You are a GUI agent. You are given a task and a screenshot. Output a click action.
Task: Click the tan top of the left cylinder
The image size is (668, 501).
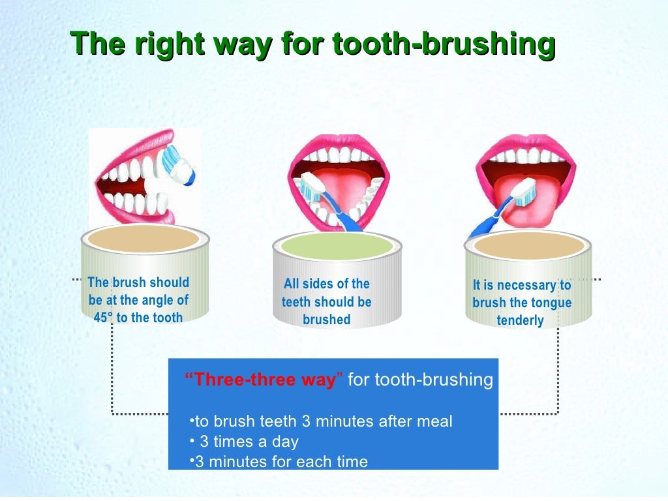click(144, 239)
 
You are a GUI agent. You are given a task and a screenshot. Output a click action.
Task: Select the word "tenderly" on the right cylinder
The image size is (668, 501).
click(520, 320)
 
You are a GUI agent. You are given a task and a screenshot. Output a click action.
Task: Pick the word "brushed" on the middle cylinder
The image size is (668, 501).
click(327, 320)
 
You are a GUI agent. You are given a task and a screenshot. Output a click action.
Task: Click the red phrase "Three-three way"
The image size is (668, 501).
click(264, 380)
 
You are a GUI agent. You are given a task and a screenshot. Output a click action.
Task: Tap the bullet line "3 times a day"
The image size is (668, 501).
click(249, 442)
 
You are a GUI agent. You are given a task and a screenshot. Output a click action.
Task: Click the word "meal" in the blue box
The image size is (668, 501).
click(434, 421)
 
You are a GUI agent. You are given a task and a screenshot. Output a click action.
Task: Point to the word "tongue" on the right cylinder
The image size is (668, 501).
click(549, 303)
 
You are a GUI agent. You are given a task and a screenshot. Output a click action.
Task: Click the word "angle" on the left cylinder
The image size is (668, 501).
click(155, 300)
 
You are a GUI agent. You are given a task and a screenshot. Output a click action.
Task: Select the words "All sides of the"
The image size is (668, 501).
click(327, 284)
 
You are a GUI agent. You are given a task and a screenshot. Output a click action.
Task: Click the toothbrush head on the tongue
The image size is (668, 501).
click(524, 192)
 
